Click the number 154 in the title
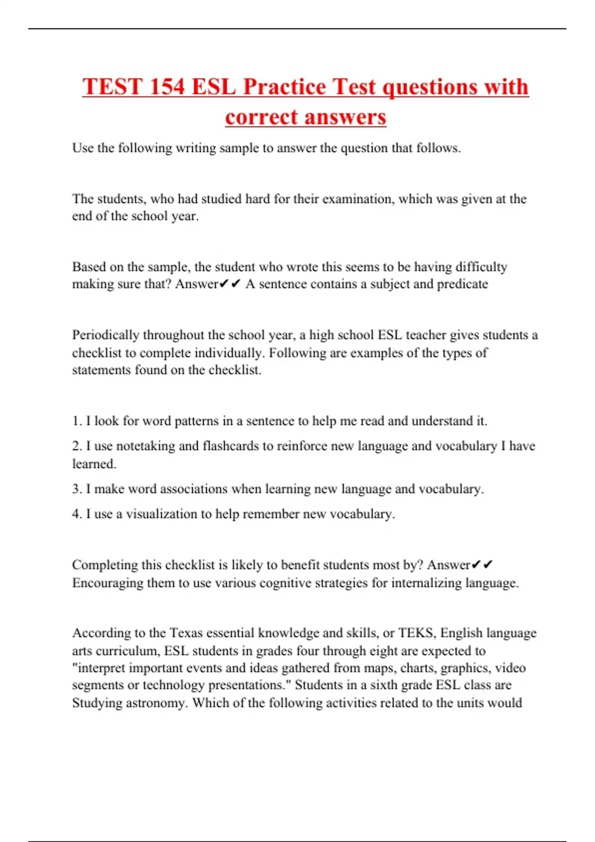pos(167,87)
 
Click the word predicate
pos(461,284)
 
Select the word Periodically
pos(106,335)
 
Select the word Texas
pos(186,633)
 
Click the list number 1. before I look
pos(77,421)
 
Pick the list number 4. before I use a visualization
pos(77,514)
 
